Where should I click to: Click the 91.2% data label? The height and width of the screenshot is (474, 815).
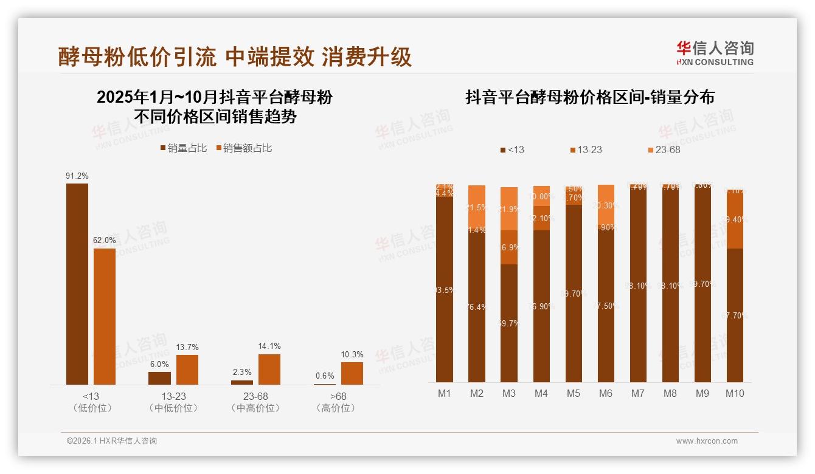[x=77, y=176]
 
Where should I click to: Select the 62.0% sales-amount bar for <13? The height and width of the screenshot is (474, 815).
[x=105, y=316]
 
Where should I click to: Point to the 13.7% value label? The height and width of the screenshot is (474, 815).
[x=187, y=348]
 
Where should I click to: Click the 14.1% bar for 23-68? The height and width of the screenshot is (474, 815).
[x=269, y=369]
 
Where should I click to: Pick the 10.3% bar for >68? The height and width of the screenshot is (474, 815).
[x=352, y=373]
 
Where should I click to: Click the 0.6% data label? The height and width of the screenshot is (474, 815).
[x=325, y=376]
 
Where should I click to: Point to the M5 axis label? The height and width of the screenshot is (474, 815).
[x=573, y=394]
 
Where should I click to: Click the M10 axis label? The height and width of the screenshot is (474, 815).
[x=735, y=394]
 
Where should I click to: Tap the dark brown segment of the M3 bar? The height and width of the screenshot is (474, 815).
[x=509, y=323]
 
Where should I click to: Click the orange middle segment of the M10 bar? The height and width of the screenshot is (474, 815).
[x=735, y=220]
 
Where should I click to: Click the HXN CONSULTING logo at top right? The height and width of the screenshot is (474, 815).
[x=715, y=53]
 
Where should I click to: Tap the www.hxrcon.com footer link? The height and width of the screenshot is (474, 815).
[x=707, y=441]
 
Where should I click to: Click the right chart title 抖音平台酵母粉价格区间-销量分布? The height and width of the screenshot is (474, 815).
[x=589, y=97]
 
